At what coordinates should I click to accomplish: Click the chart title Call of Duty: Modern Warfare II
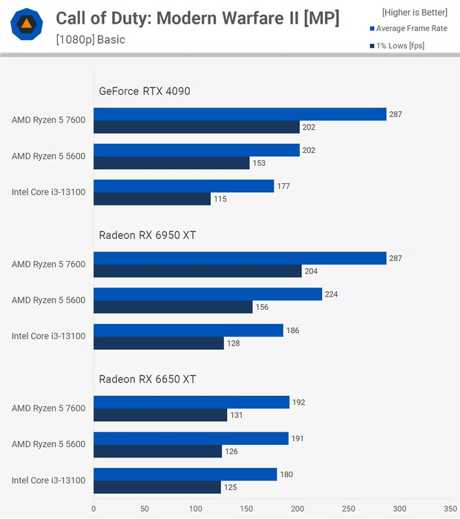click(197, 19)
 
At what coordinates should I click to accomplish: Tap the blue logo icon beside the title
click(27, 27)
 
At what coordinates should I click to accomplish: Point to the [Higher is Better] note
click(415, 13)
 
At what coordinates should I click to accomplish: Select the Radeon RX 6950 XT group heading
click(148, 235)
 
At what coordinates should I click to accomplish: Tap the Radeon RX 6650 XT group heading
click(148, 379)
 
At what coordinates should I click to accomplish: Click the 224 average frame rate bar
click(208, 294)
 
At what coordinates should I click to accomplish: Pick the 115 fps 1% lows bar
click(152, 199)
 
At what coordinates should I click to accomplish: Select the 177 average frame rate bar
click(184, 186)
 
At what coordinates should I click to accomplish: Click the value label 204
click(311, 271)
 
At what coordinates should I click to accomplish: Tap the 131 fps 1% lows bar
click(160, 415)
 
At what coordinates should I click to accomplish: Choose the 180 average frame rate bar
click(185, 474)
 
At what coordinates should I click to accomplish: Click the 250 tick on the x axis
click(349, 509)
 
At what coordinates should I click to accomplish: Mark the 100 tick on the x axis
click(196, 509)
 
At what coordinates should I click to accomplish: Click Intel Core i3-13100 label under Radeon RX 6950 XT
click(48, 336)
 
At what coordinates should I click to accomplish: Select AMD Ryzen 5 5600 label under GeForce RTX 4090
click(48, 156)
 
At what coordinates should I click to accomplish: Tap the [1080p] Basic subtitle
click(91, 39)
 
